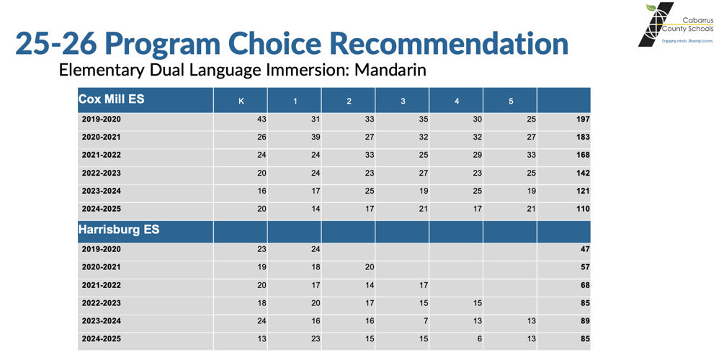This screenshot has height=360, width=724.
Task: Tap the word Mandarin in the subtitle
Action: coord(390,70)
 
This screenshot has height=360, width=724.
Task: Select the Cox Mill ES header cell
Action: coord(111,99)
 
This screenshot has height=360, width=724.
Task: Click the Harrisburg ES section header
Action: coord(119,230)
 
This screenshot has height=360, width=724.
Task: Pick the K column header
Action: coord(241,101)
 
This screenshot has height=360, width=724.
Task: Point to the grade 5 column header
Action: coord(511,101)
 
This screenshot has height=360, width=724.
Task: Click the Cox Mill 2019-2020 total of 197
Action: coord(582,120)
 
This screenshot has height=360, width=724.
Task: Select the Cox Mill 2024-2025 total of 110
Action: coord(582,210)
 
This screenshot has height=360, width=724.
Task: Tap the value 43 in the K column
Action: coord(262,120)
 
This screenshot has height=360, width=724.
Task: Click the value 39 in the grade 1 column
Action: coord(315,138)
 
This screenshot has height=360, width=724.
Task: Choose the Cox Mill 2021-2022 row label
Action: coord(102,156)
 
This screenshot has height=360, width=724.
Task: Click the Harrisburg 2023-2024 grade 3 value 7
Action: coord(426,321)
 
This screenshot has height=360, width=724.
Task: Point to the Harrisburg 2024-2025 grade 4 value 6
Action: coord(480,339)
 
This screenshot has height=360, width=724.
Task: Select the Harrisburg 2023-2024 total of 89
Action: coord(585,321)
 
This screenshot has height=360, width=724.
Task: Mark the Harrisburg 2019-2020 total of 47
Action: coord(585,249)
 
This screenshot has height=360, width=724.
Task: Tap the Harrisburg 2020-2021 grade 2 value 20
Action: coord(369,267)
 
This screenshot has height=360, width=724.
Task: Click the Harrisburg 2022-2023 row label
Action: coord(102,303)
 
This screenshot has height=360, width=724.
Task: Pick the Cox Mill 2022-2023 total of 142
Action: coord(582,174)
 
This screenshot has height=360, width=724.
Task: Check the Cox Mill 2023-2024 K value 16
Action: coord(262,192)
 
